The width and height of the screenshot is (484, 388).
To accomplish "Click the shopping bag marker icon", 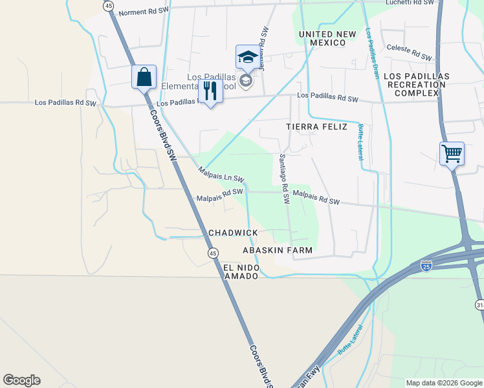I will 143,77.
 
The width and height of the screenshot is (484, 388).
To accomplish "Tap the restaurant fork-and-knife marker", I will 210,91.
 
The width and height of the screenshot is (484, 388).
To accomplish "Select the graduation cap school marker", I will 247,58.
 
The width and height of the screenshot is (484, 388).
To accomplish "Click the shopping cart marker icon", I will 452,155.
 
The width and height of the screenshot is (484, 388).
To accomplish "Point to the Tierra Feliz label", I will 316,127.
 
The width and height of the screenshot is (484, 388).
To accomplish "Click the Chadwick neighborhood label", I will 233,233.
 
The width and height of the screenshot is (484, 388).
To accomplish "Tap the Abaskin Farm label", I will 278,250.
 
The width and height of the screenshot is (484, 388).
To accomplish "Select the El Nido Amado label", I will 241,272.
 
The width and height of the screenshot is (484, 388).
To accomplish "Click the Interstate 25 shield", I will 425,266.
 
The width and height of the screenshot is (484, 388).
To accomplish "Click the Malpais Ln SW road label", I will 221,174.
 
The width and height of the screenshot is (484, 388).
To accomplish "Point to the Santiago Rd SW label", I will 283,178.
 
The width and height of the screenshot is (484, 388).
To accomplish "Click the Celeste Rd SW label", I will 409,52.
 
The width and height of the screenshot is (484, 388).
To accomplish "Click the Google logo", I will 21,380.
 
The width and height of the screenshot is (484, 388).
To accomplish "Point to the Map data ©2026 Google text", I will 443,383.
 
